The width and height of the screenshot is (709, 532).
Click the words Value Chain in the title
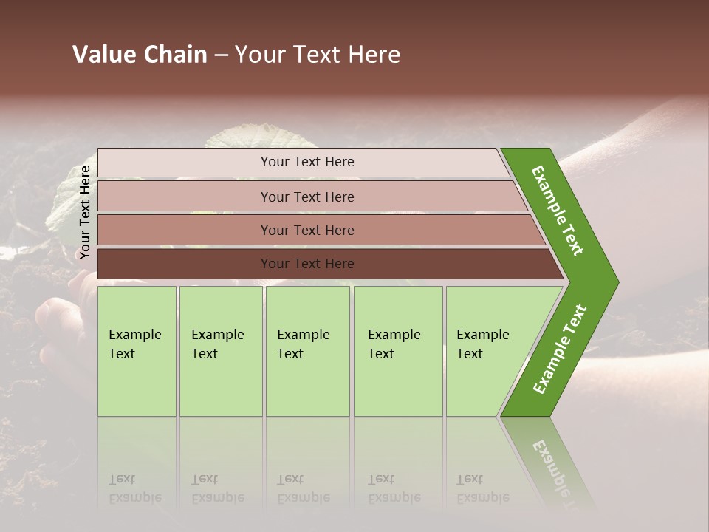point(140,55)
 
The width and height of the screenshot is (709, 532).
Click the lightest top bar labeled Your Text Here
point(306,162)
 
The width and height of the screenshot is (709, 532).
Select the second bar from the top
point(306,197)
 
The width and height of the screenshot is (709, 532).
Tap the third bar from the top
point(306,230)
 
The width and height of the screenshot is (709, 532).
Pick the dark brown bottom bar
point(306,264)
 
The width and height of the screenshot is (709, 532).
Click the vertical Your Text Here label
point(85,212)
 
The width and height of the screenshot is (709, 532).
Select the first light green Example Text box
point(136,350)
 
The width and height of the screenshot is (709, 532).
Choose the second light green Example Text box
point(220,350)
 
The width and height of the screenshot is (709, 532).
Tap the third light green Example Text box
point(306,350)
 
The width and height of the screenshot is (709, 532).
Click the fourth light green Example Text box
point(397,350)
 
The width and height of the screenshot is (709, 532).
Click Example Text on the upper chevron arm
point(558,211)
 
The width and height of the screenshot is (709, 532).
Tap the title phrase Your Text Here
point(318,55)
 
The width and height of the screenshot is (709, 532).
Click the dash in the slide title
point(221,55)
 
